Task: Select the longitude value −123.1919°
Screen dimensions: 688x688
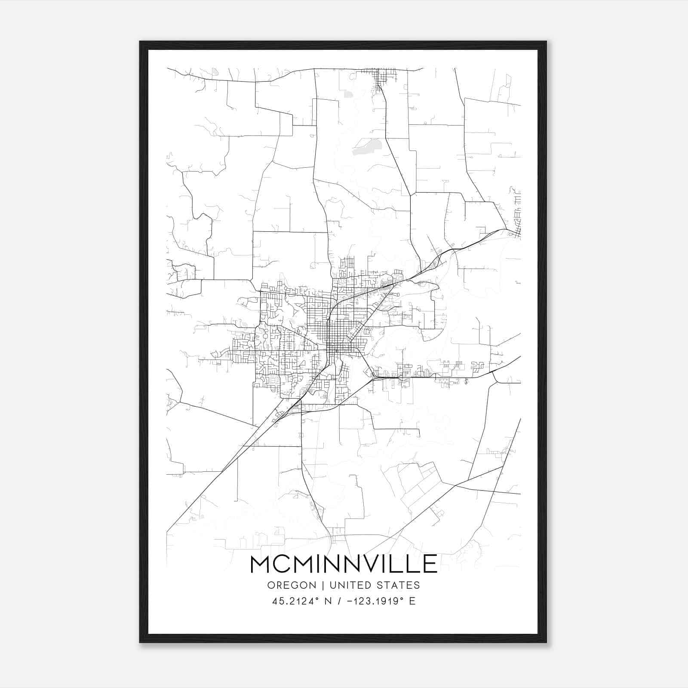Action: (x=376, y=601)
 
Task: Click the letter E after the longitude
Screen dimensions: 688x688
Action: (x=412, y=601)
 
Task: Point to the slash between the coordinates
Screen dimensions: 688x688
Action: (x=340, y=601)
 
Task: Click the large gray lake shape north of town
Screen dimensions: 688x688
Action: (x=365, y=146)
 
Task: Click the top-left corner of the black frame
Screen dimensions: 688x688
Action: (x=140, y=42)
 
